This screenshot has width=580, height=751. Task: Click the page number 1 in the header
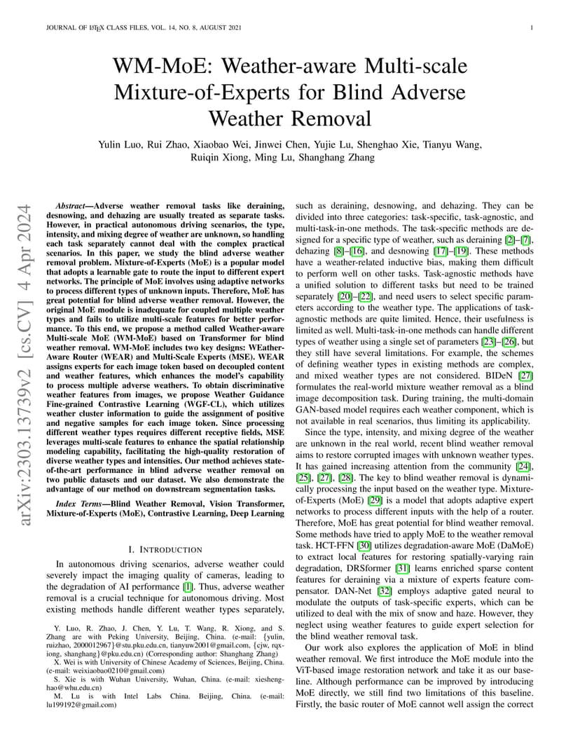click(534, 28)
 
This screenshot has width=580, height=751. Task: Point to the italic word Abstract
click(73, 206)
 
